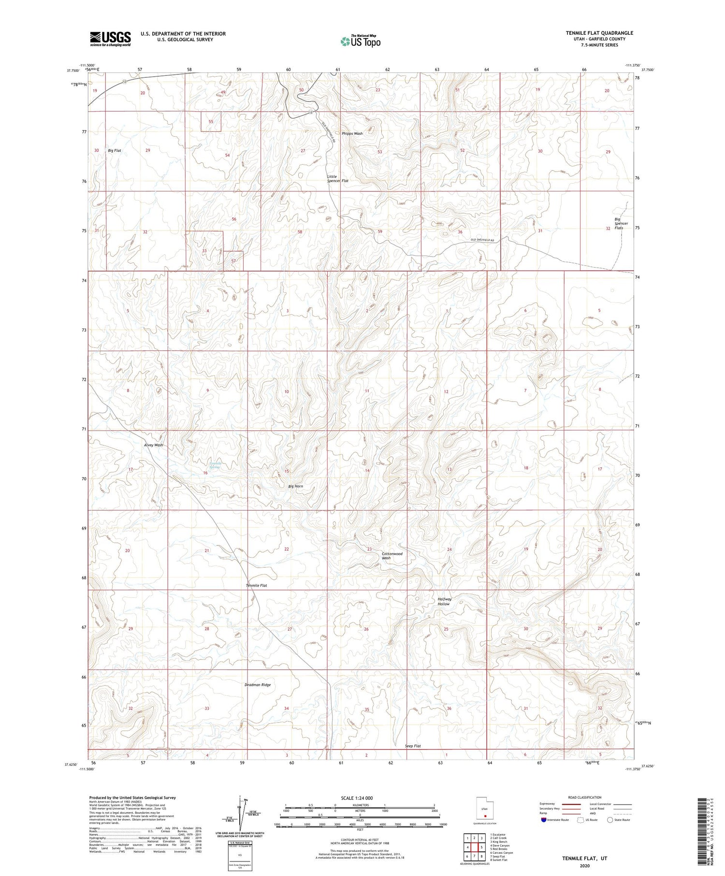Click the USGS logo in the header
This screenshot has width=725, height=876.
(x=110, y=39)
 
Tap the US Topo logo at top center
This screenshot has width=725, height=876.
(x=360, y=42)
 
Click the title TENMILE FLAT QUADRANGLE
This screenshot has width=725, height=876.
(x=599, y=33)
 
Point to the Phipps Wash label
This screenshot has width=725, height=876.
(x=352, y=133)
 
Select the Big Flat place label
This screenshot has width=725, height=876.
(x=115, y=151)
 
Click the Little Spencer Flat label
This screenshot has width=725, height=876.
(x=337, y=179)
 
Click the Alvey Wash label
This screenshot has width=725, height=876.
(x=154, y=445)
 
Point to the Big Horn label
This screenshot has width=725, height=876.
(x=296, y=486)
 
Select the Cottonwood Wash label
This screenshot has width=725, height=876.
(x=392, y=556)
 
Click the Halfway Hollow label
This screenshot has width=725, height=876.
(x=445, y=602)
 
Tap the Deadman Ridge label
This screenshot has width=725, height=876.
(x=258, y=685)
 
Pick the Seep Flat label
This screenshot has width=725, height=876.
(x=413, y=746)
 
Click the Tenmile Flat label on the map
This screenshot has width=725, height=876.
(x=256, y=586)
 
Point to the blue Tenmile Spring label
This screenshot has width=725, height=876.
(x=215, y=466)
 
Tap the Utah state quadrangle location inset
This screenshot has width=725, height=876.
(x=484, y=809)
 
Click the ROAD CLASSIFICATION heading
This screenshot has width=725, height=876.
(x=584, y=797)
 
